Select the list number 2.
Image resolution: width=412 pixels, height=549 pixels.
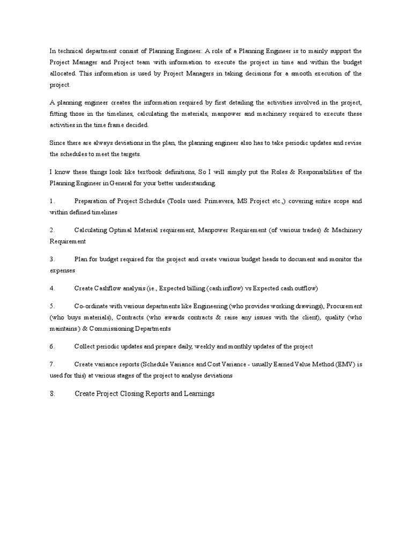click(x=52, y=230)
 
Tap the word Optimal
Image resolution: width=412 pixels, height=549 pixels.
click(x=121, y=230)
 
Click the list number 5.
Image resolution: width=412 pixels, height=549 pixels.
click(x=52, y=306)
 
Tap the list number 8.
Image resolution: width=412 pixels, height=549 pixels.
click(x=53, y=394)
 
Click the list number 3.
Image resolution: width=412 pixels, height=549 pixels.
click(x=52, y=259)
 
